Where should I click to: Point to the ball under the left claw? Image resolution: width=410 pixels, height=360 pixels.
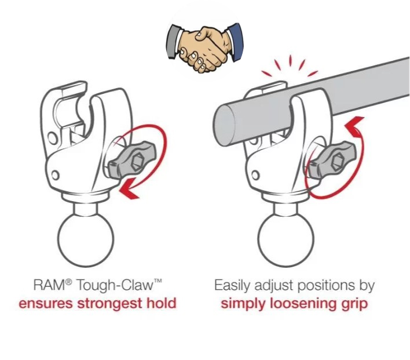click(86, 239)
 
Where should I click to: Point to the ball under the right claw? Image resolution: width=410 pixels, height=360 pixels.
click(286, 239)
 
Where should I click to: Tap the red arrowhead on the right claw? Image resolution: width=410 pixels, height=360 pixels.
click(355, 126)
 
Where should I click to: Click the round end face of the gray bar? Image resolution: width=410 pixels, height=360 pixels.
click(224, 122)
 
